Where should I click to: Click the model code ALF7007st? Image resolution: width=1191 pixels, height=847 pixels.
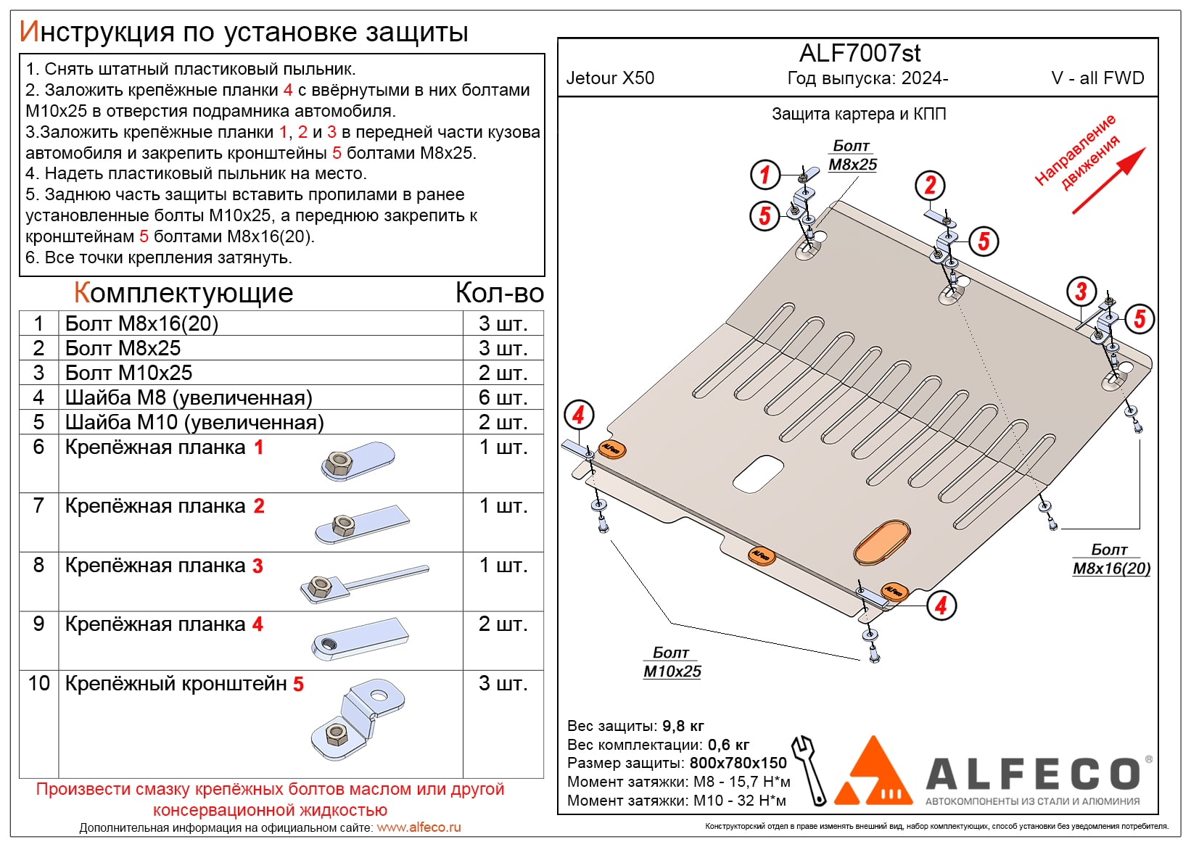860,53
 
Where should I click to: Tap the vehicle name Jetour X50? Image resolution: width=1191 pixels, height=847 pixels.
610,78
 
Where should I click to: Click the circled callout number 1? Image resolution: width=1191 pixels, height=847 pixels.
765,175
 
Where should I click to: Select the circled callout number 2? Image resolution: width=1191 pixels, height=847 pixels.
930,186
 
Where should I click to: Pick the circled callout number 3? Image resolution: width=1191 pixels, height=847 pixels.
1081,292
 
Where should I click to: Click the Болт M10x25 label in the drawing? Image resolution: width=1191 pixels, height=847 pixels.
672,662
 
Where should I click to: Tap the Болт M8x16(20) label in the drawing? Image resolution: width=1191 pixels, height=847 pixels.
1111,559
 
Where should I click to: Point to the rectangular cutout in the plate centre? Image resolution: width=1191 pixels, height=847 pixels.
758,474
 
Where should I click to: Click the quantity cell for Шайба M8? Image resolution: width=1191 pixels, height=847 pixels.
503,397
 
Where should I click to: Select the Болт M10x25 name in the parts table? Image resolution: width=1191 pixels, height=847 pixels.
129,373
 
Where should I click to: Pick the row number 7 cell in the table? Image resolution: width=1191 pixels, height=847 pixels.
39,506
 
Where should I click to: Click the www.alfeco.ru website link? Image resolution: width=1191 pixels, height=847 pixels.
419,827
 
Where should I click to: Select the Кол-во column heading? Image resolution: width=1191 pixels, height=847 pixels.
499,293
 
